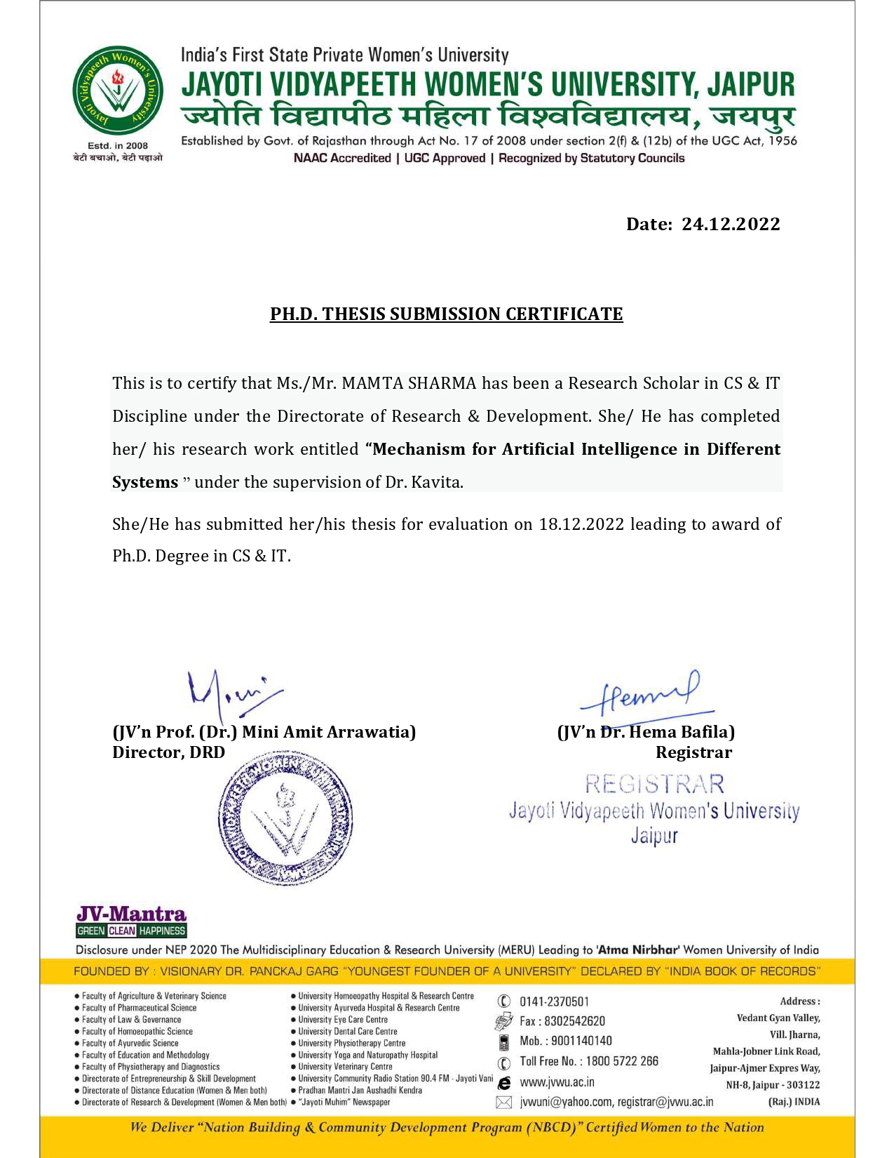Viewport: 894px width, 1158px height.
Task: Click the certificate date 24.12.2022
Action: click(x=731, y=224)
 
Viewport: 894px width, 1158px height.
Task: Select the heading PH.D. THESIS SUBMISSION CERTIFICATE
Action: click(x=447, y=314)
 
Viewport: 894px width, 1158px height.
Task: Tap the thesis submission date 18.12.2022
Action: click(x=581, y=524)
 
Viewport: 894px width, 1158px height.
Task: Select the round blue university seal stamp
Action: click(x=285, y=817)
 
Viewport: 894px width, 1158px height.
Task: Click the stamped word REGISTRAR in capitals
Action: click(x=654, y=784)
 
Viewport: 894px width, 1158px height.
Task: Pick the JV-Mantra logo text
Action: click(x=131, y=914)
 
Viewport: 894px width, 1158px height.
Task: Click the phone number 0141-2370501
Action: click(x=554, y=1001)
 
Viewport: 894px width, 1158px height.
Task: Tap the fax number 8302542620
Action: click(x=574, y=1021)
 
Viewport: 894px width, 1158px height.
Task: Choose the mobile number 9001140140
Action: click(x=581, y=1041)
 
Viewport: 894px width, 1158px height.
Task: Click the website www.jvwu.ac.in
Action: click(x=557, y=1082)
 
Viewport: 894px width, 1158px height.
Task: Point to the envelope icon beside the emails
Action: click(x=503, y=1103)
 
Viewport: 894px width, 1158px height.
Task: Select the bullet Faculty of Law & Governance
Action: click(x=131, y=1020)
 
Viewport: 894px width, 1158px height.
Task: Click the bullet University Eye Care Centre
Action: click(x=342, y=1020)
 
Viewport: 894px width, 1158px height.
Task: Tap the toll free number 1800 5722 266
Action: click(x=622, y=1061)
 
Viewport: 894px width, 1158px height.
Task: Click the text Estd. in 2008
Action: click(x=118, y=146)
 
